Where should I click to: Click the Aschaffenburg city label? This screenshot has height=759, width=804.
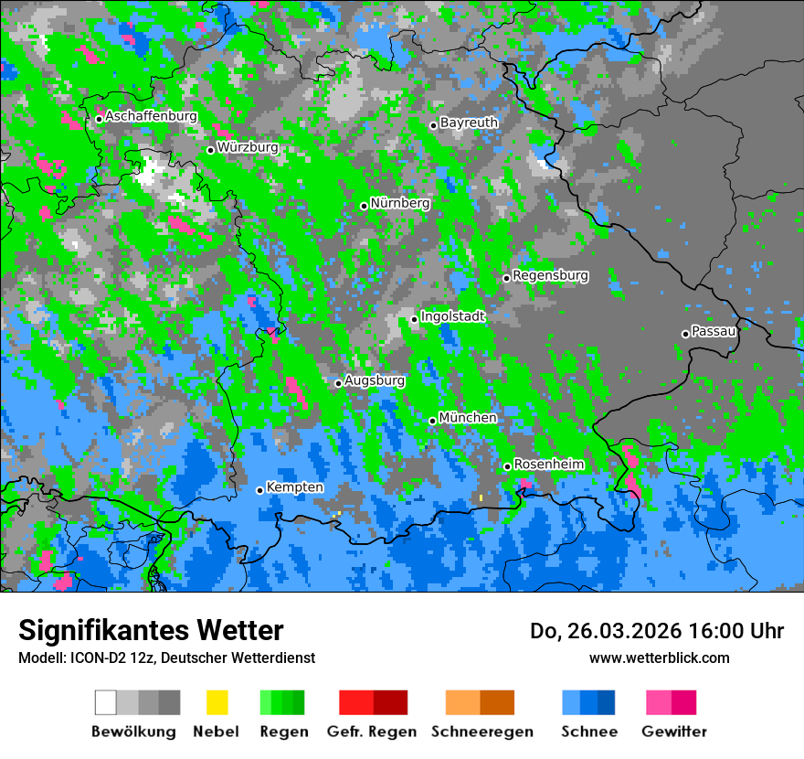(x=151, y=117)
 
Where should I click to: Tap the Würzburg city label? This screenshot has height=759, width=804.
(x=248, y=147)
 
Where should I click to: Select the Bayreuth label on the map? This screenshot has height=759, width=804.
(x=469, y=123)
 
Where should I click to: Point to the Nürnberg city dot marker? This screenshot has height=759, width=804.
(x=364, y=206)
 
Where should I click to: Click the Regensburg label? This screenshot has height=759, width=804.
(x=550, y=275)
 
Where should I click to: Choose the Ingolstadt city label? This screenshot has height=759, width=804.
(x=452, y=316)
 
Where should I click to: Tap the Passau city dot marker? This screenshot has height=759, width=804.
(x=685, y=334)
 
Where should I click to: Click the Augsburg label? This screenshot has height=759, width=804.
(x=375, y=380)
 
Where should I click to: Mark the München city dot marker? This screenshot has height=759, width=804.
(x=432, y=421)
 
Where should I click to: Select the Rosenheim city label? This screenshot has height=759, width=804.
(x=548, y=465)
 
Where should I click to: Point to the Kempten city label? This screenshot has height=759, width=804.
(x=294, y=487)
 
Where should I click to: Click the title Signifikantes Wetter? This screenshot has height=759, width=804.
(x=151, y=631)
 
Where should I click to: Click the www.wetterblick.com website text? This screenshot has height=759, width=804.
(x=659, y=657)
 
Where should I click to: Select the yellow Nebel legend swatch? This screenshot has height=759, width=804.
(x=217, y=702)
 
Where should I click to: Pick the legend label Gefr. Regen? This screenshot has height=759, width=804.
(x=371, y=732)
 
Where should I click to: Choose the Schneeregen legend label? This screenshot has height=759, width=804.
(x=481, y=732)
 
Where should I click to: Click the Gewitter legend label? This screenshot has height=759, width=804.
(x=673, y=732)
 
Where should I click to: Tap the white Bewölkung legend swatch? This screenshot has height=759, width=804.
(x=106, y=702)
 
